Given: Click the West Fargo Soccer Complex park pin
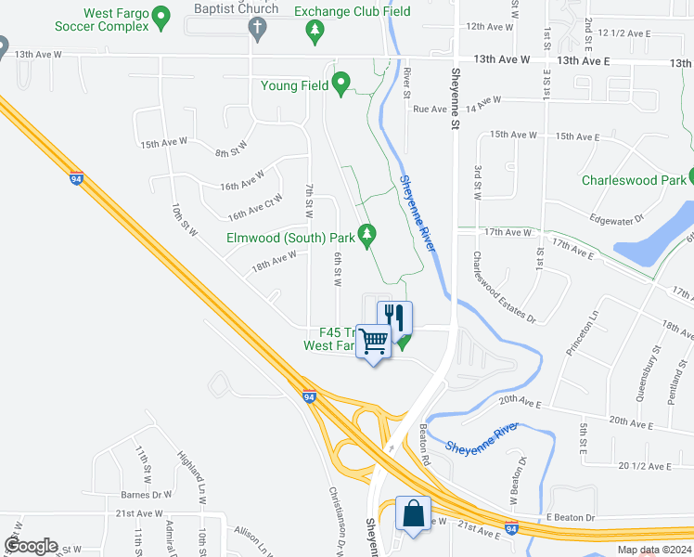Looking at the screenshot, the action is click(x=161, y=16).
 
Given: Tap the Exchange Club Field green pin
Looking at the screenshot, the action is click(x=315, y=32).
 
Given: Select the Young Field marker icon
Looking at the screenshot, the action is click(x=341, y=84).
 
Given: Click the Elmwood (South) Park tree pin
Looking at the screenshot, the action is click(x=368, y=236).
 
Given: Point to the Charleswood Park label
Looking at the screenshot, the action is click(x=633, y=180).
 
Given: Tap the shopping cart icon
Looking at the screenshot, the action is click(x=374, y=342).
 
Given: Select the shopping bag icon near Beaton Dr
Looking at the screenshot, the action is click(x=413, y=513).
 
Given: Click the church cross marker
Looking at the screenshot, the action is click(x=258, y=28).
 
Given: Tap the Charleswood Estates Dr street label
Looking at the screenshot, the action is click(x=504, y=288).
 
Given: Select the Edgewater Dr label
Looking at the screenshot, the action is click(x=617, y=219).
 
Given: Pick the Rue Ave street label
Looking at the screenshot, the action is click(x=430, y=109).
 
